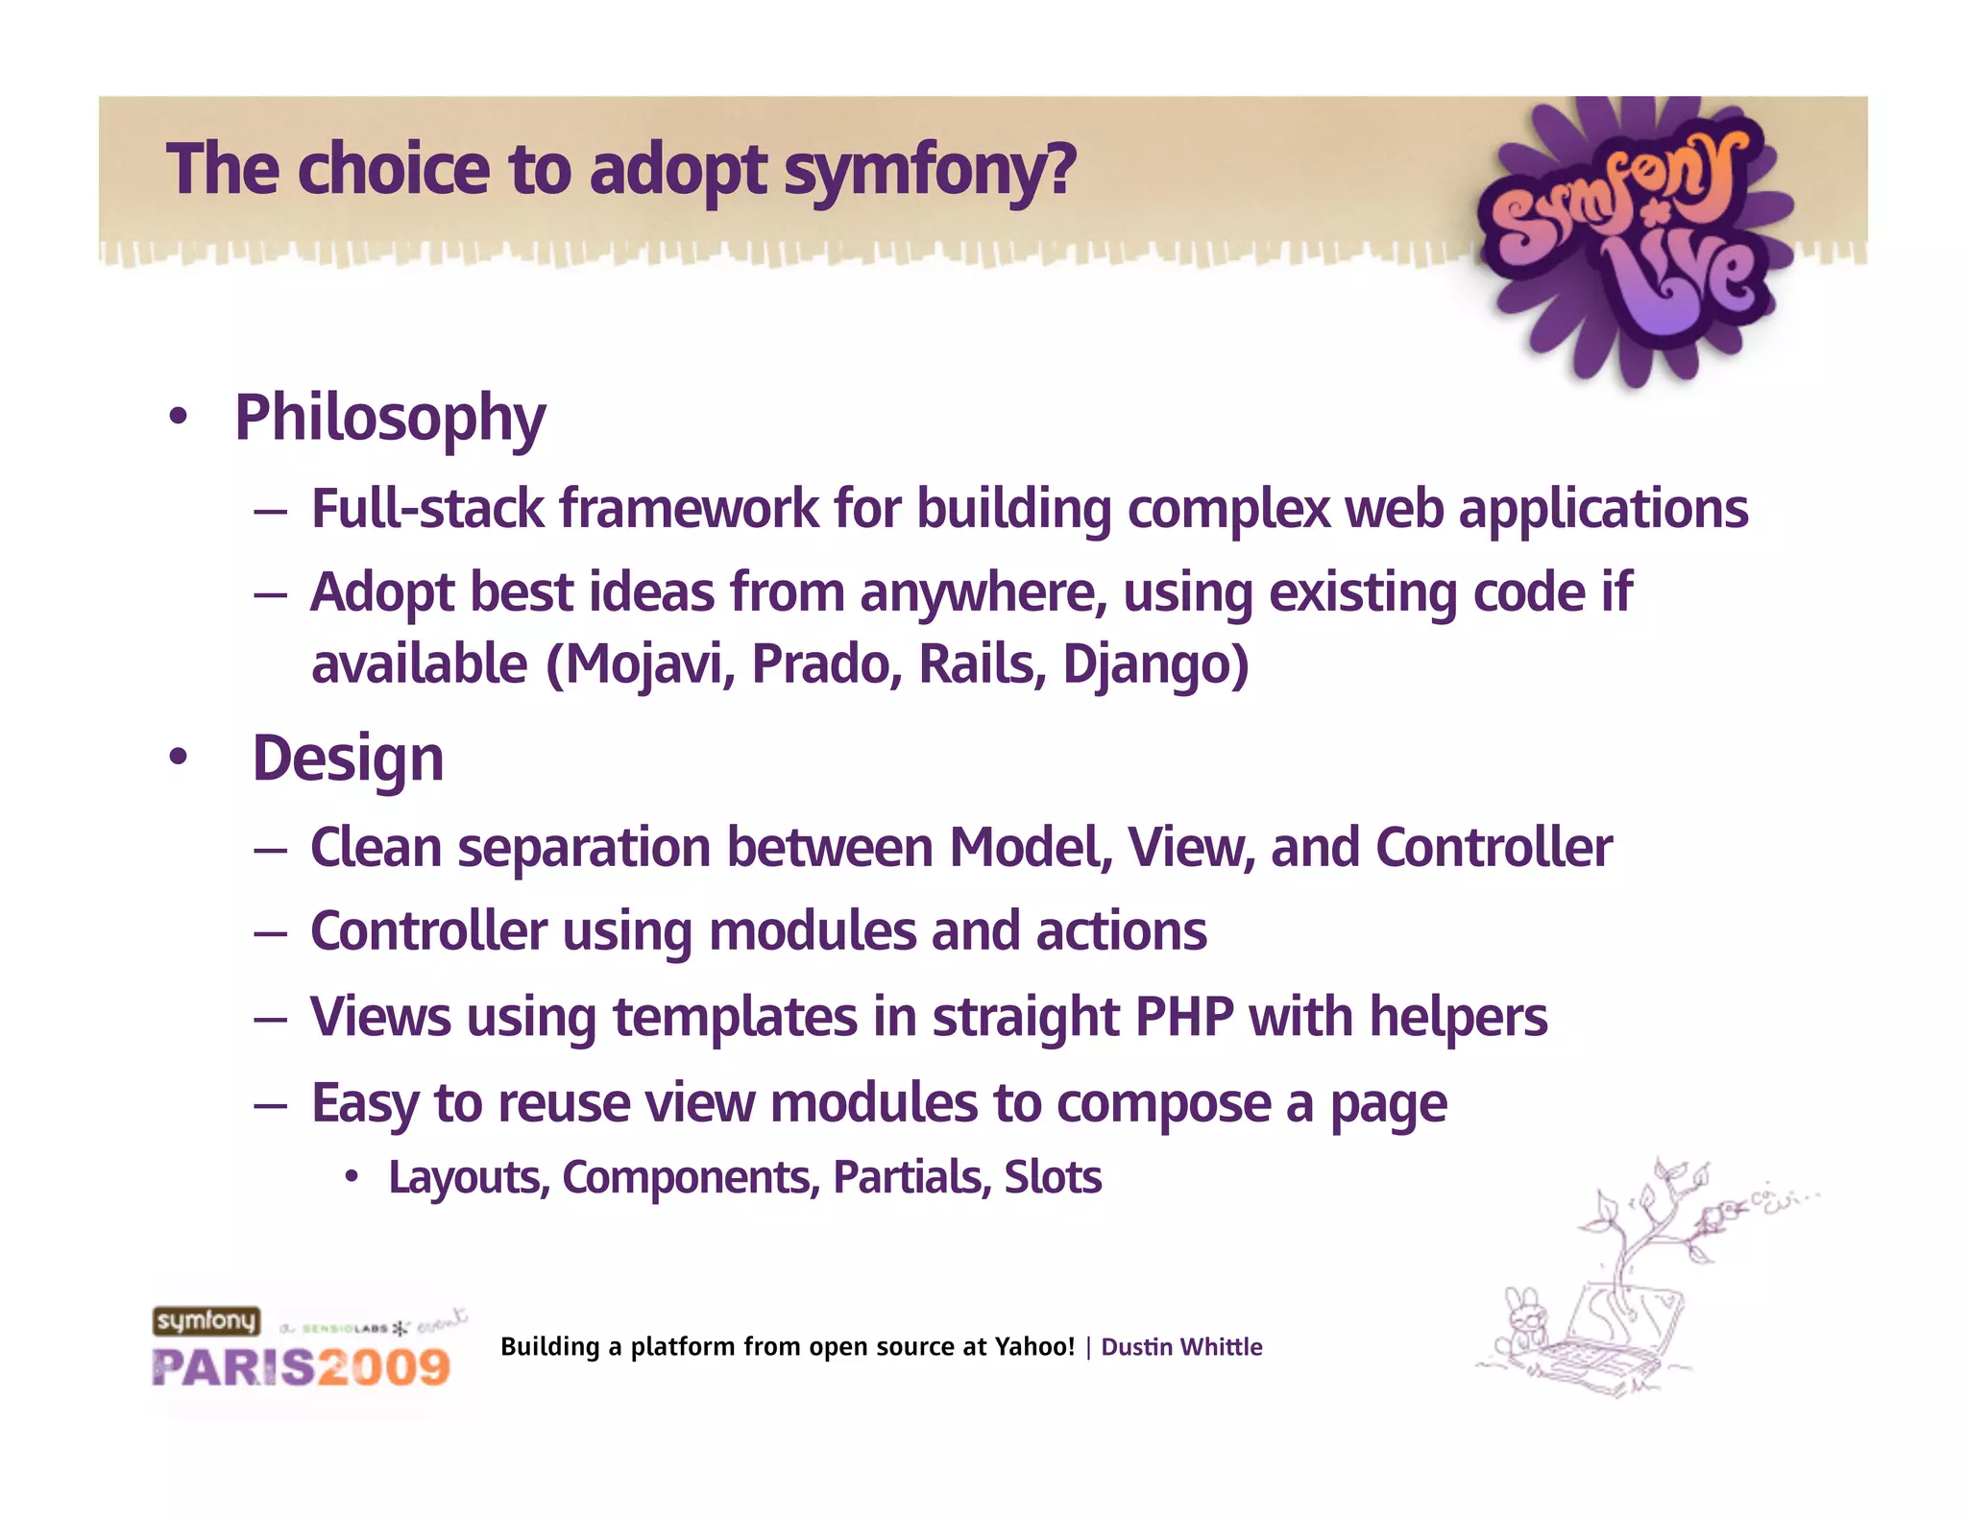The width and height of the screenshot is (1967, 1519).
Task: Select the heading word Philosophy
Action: (390, 420)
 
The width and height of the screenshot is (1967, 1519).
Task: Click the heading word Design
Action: (348, 759)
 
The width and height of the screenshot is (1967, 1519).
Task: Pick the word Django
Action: (1148, 664)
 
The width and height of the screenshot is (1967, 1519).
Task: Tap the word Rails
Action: (981, 664)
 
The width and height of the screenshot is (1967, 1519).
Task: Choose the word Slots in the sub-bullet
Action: (1053, 1177)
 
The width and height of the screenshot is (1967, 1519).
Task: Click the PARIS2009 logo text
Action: (301, 1367)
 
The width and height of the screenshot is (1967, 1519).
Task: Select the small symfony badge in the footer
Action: (206, 1321)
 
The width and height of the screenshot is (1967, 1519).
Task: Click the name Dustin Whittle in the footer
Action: (1181, 1347)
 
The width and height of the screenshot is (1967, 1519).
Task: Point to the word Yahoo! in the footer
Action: (1034, 1347)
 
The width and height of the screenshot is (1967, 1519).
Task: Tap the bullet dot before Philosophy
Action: (178, 418)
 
